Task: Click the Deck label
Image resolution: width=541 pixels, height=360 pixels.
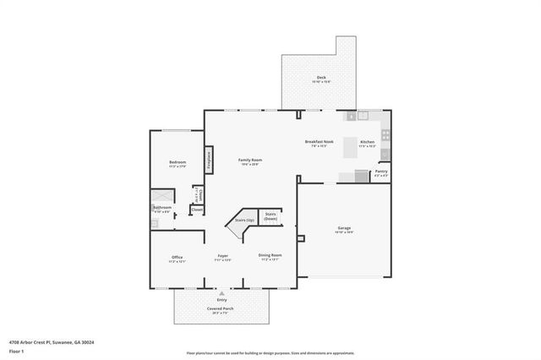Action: [x=320, y=78]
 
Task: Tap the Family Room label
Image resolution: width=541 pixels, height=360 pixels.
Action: [x=249, y=161]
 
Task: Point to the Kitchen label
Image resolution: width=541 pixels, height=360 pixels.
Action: [x=367, y=142]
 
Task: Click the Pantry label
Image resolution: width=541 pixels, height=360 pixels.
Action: [x=381, y=172]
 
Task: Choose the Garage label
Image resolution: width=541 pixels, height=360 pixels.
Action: [x=344, y=228]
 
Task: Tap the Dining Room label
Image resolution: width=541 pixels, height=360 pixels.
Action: [x=270, y=255]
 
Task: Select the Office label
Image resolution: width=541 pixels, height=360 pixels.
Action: [x=177, y=258]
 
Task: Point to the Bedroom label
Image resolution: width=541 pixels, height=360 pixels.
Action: [x=177, y=161]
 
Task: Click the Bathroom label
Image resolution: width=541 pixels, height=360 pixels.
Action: [x=163, y=207]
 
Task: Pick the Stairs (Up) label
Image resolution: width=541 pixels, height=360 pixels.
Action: [x=246, y=220]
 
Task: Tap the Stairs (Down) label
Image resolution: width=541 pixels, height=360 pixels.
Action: [x=270, y=215]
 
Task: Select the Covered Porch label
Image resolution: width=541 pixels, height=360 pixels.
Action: [x=221, y=308]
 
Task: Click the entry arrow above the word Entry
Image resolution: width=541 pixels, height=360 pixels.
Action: [x=221, y=292]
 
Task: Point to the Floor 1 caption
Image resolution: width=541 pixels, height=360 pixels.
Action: [x=16, y=350]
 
